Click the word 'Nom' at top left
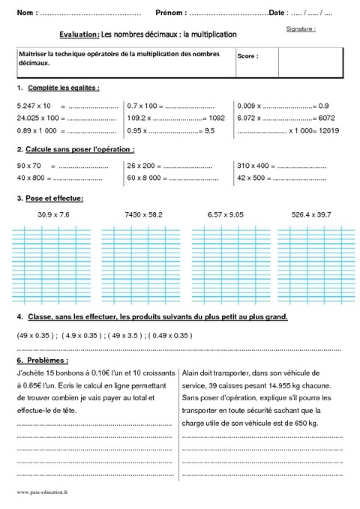(x=25, y=13)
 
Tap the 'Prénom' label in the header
(x=171, y=13)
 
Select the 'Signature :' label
(x=301, y=28)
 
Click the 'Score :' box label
(x=247, y=56)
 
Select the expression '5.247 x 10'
(x=34, y=106)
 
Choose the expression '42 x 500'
(x=252, y=178)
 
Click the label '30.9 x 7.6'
(x=53, y=214)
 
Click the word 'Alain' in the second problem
(x=192, y=373)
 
